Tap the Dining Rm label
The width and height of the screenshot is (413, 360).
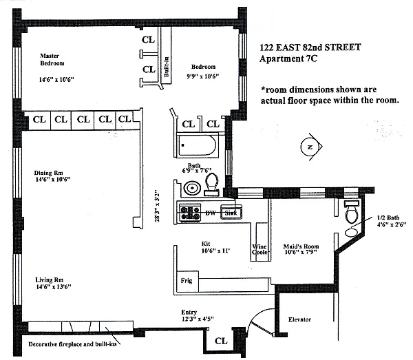tap(49, 173)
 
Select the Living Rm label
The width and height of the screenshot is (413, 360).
tap(49, 280)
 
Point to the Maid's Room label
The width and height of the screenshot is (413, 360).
tap(301, 246)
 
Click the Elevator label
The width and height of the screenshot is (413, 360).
tap(300, 319)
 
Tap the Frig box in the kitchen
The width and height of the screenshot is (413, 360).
tap(186, 281)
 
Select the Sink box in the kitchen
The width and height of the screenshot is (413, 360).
tap(231, 213)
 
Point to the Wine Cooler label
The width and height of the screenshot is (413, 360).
tap(260, 249)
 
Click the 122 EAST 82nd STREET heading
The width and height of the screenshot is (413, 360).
tap(311, 47)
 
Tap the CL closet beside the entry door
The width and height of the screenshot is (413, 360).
tap(221, 341)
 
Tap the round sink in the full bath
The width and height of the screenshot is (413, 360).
tap(191, 187)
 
